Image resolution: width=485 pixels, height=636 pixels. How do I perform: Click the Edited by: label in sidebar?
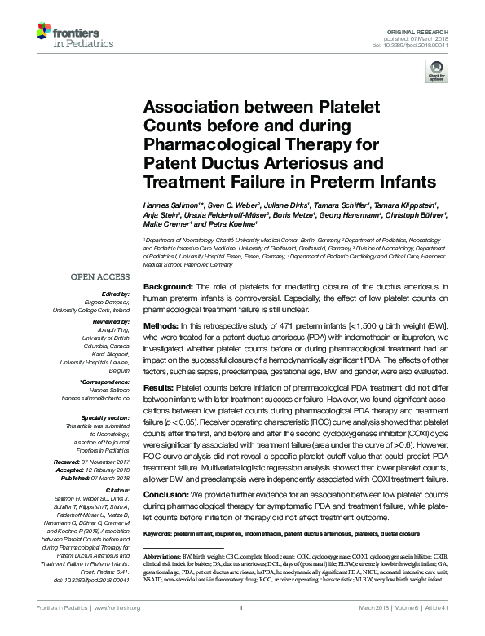117,294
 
